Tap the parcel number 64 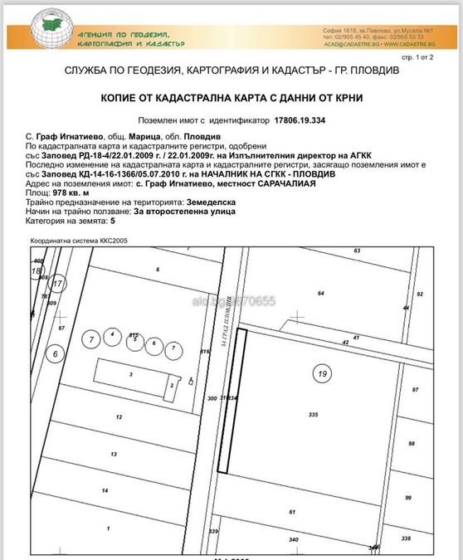pyautogui.click(x=320, y=293)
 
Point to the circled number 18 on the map pyautogui.click(x=36, y=271)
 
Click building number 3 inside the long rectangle pyautogui.click(x=130, y=375)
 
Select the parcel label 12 pyautogui.click(x=119, y=416)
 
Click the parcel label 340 pyautogui.click(x=293, y=540)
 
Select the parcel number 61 pyautogui.click(x=292, y=513)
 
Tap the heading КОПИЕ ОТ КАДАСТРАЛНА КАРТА pyautogui.click(x=231, y=98)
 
